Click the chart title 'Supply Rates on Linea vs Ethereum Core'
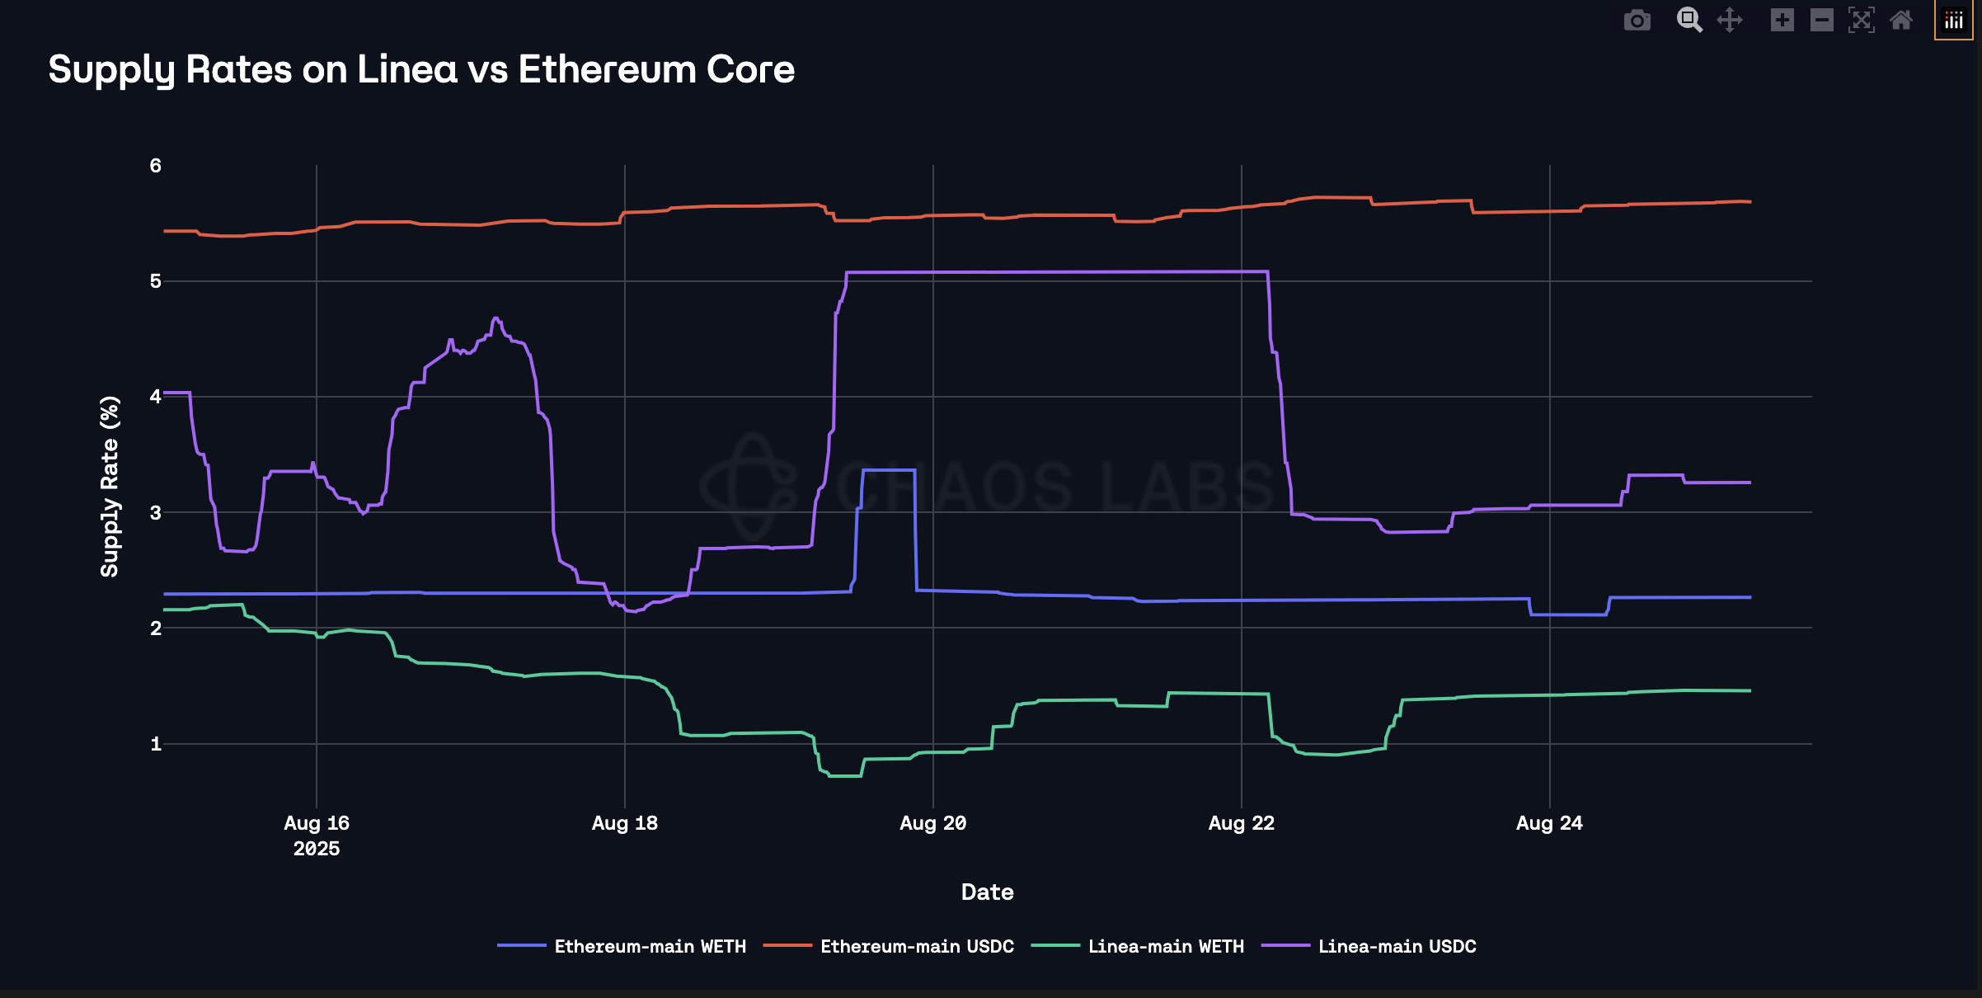tap(421, 69)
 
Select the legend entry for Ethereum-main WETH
tap(649, 946)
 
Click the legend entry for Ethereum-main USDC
tap(916, 946)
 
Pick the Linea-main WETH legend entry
tap(1165, 946)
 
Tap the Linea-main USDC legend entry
tap(1397, 946)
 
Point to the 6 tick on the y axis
tap(155, 166)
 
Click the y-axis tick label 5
tap(155, 281)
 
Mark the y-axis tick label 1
tap(155, 744)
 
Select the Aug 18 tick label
tap(625, 823)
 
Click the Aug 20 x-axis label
tap(932, 823)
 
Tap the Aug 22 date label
tap(1241, 823)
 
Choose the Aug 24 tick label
tap(1549, 823)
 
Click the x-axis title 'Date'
tap(987, 892)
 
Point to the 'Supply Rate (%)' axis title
tap(110, 487)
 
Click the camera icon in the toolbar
tap(1637, 20)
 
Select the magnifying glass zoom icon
tap(1689, 20)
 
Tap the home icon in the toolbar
tap(1901, 20)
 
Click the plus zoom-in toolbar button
tap(1782, 20)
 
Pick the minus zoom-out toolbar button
tap(1822, 20)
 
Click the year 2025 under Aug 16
tap(317, 849)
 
